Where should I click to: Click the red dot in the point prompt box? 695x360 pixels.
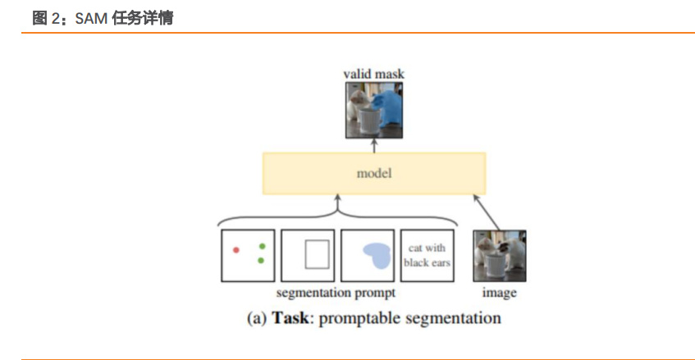[235, 249]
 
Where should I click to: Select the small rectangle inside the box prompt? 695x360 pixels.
[316, 254]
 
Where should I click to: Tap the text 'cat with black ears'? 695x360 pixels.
[428, 255]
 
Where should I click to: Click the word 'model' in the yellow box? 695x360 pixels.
[373, 173]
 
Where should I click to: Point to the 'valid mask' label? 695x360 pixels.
[373, 75]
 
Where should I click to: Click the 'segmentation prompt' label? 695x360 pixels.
[336, 292]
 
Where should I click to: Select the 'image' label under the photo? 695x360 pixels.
[500, 292]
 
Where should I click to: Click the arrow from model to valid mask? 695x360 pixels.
[373, 144]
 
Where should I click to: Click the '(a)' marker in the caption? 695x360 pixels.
[256, 317]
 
